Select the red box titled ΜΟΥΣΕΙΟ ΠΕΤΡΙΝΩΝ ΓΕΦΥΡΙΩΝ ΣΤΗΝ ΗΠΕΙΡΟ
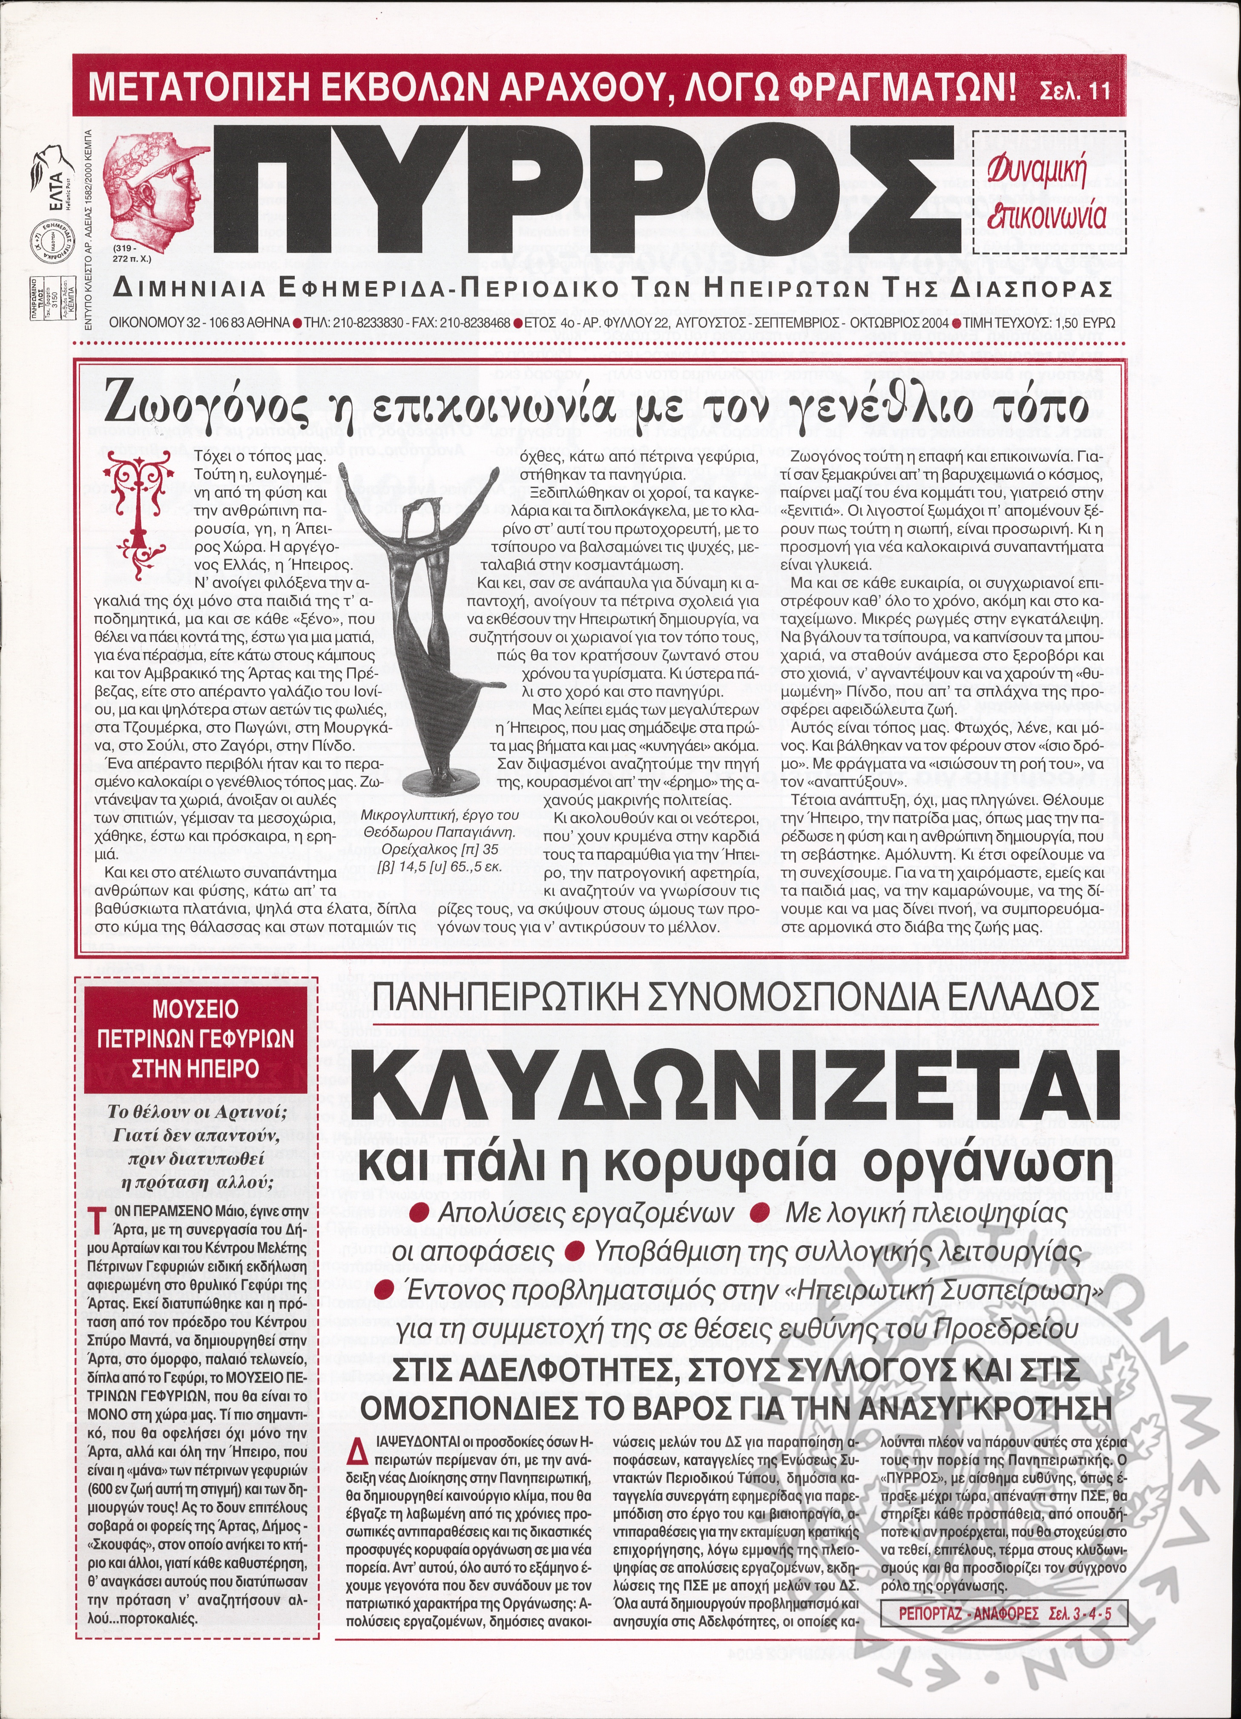(195, 1038)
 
